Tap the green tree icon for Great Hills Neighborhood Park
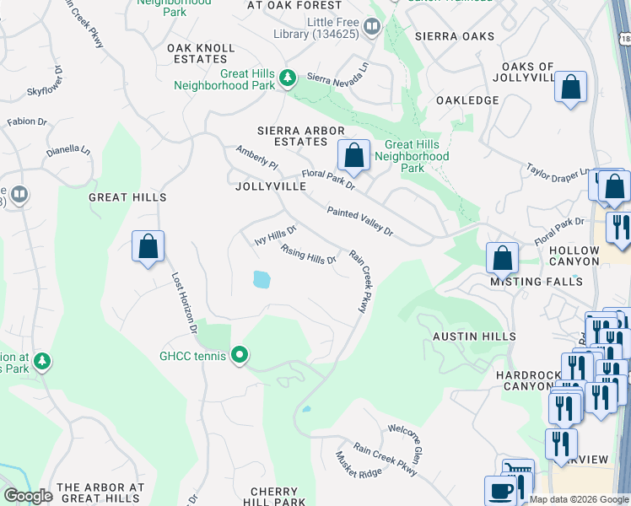(289, 78)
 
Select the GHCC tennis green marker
(240, 356)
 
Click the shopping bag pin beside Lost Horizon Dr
(148, 247)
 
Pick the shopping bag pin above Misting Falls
(502, 257)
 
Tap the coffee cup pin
(499, 491)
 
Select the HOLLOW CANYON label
(585, 256)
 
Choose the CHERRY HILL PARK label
(274, 497)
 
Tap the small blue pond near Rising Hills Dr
(261, 279)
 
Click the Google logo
(29, 496)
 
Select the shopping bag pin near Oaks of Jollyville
(571, 87)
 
